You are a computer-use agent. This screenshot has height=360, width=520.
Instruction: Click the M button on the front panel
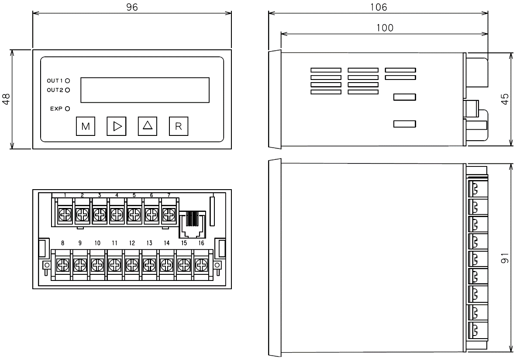tap(86, 126)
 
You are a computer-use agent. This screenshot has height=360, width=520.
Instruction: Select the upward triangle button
tap(147, 126)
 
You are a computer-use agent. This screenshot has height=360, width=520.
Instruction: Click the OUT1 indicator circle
tap(68, 81)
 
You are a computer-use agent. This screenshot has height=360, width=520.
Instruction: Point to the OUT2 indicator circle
tap(68, 90)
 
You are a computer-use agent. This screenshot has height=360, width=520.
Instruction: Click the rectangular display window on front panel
tap(145, 90)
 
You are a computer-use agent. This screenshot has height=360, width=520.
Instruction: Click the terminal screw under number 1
tap(65, 214)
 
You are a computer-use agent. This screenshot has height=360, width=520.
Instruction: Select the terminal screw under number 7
tap(168, 214)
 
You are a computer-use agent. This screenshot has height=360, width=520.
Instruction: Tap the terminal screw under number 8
tap(63, 264)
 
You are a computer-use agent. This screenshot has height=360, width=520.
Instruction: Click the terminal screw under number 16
tap(200, 264)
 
